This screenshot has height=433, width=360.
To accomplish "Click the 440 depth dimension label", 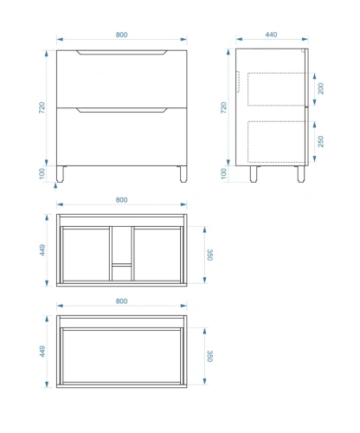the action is tap(271, 35).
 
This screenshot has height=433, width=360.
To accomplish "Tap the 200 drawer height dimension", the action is tap(320, 88).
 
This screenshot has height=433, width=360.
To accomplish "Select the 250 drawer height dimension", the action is tap(320, 141).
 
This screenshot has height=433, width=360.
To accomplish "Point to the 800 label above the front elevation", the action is tap(121, 35).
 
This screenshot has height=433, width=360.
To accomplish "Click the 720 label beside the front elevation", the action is tap(42, 107).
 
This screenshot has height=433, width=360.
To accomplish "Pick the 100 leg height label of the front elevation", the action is tap(42, 173).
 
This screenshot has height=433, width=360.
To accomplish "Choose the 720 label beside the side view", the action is tap(223, 107).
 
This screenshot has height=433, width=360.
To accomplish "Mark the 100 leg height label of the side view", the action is tap(223, 173).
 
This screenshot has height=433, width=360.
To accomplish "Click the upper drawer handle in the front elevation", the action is tap(121, 52).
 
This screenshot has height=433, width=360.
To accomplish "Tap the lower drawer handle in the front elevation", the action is tap(121, 110).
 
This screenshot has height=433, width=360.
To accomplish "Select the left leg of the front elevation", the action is tap(60, 174).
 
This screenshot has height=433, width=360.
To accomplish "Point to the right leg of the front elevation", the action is tap(183, 174).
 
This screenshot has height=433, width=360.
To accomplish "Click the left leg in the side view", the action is tap(254, 174).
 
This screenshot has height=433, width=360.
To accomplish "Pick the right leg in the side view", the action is tap(301, 174).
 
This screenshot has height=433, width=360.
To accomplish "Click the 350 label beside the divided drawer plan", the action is tap(209, 255).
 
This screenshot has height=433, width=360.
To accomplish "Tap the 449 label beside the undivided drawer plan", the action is tap(42, 352).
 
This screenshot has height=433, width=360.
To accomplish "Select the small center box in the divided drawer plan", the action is tap(121, 273).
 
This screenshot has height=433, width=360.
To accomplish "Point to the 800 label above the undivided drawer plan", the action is tap(121, 301).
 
